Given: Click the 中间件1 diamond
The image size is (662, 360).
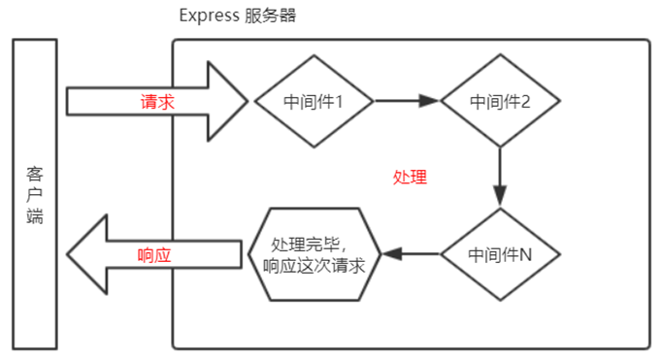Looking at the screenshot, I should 312,100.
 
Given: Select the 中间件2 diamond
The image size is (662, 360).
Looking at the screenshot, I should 499,100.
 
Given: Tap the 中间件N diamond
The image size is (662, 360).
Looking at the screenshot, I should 499,254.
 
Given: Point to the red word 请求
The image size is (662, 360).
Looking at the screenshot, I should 156,101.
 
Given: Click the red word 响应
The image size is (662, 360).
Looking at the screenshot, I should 155,254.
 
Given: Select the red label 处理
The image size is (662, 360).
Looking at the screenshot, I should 410,179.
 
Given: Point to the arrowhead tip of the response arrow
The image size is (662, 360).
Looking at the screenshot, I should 68,254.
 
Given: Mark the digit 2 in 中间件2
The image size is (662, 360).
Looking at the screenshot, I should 525,101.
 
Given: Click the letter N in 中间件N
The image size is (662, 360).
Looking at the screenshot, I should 525,254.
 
